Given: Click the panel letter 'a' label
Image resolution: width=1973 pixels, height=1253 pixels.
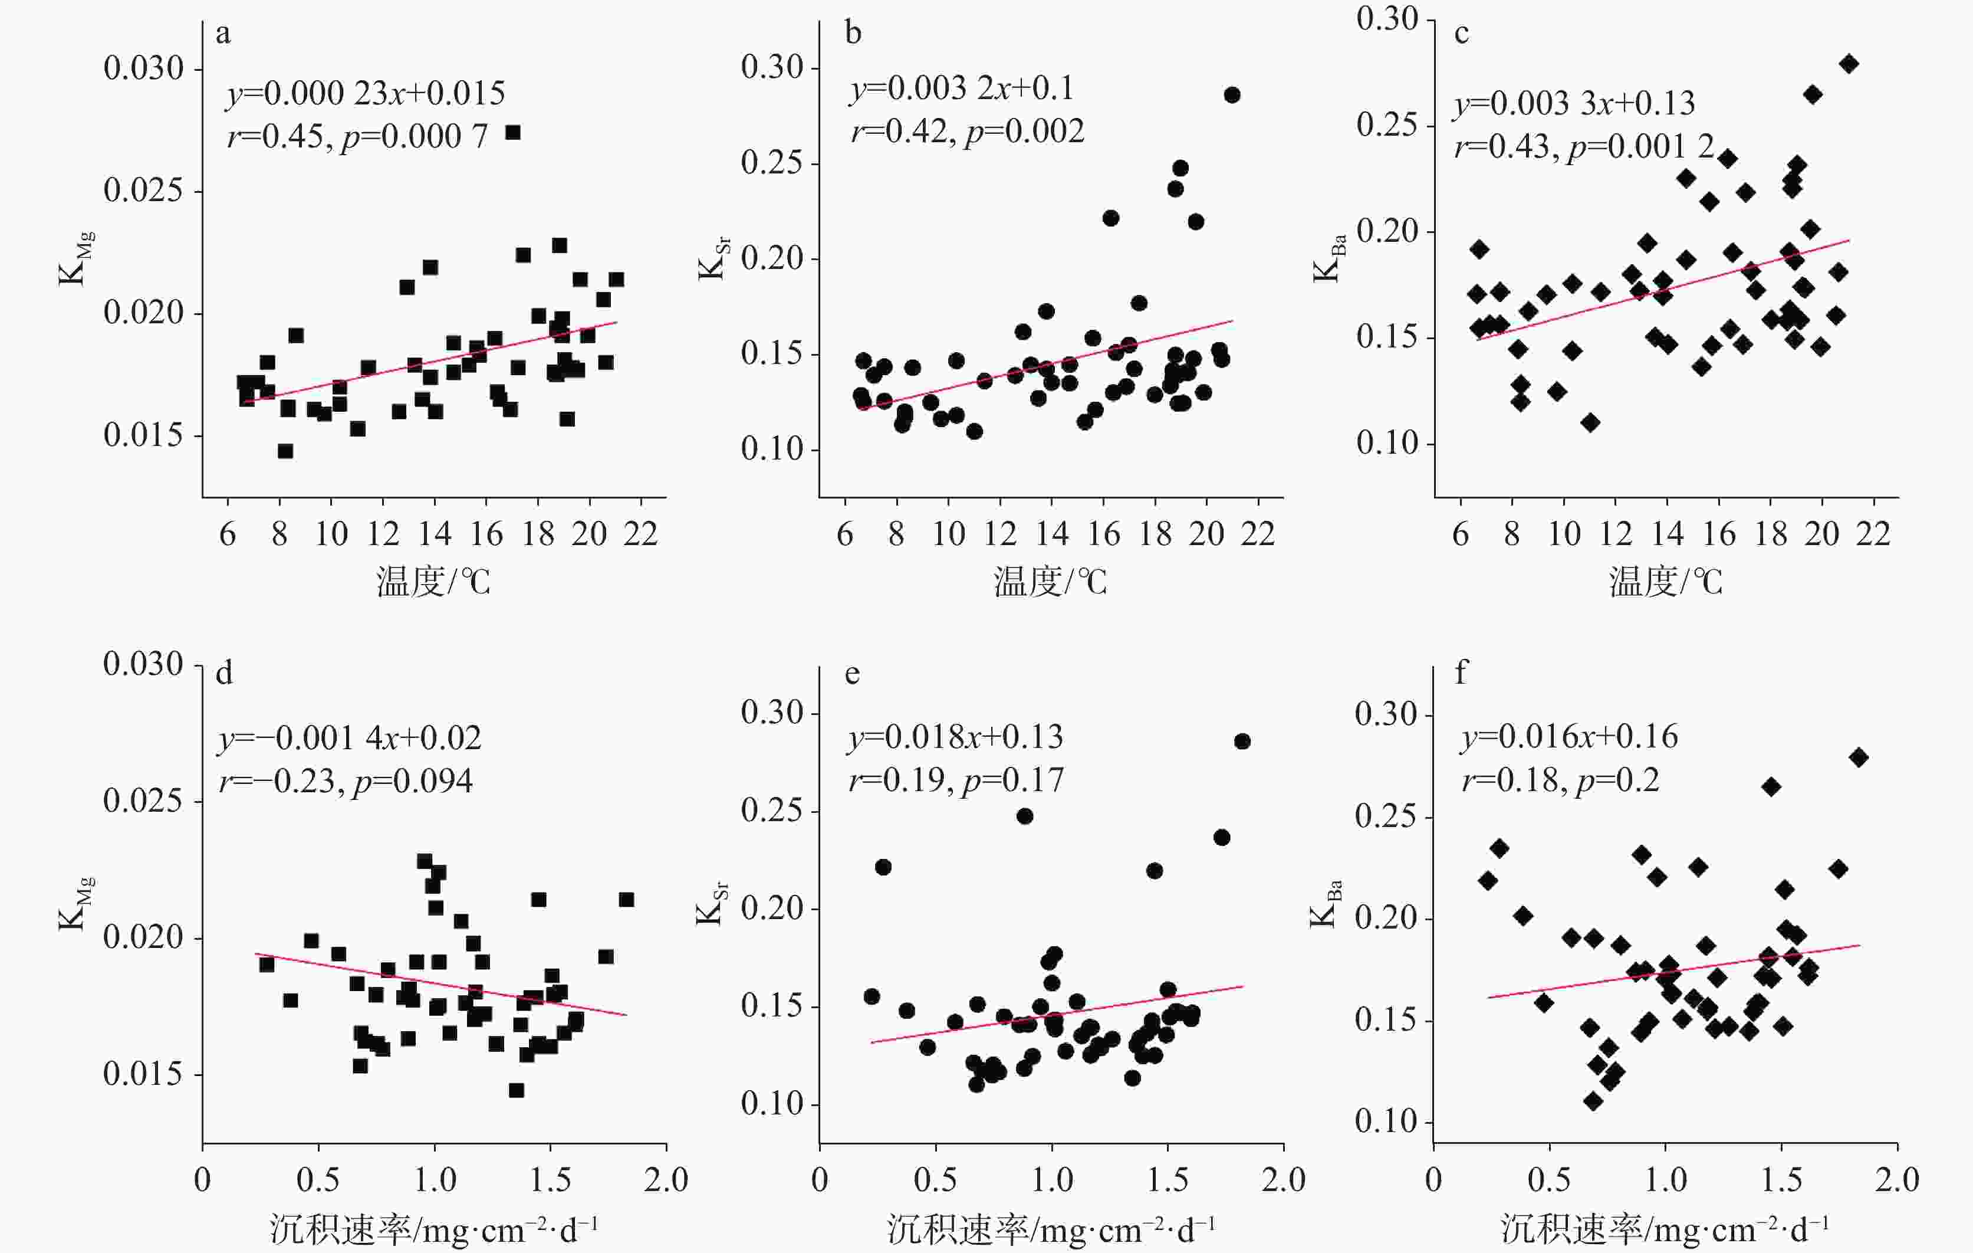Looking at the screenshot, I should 223,34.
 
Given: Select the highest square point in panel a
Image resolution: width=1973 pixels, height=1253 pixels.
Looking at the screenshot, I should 513,133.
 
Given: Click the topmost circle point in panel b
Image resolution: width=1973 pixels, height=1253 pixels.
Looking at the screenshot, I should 1231,95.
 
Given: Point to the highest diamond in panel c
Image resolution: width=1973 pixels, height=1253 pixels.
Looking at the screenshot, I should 1849,64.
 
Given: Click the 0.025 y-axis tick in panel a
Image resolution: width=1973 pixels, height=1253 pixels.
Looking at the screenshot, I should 143,190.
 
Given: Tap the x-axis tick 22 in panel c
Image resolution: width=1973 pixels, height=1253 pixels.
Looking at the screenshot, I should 1872,534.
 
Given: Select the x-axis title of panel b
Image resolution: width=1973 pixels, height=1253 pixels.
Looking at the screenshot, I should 1050,582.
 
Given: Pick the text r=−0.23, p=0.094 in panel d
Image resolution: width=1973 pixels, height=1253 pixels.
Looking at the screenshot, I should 346,781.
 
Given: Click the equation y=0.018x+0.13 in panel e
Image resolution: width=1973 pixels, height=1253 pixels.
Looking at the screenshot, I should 955,737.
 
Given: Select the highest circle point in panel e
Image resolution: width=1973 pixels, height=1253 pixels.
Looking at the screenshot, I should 1242,741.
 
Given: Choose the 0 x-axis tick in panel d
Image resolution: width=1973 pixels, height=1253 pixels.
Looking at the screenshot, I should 202,1179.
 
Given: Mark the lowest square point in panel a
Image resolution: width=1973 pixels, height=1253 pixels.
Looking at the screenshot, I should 285,451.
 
